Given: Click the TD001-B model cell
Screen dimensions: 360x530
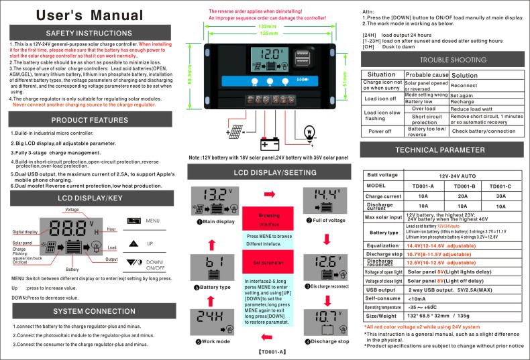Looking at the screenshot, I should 464,185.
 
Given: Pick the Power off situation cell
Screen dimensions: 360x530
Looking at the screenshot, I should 381,131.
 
